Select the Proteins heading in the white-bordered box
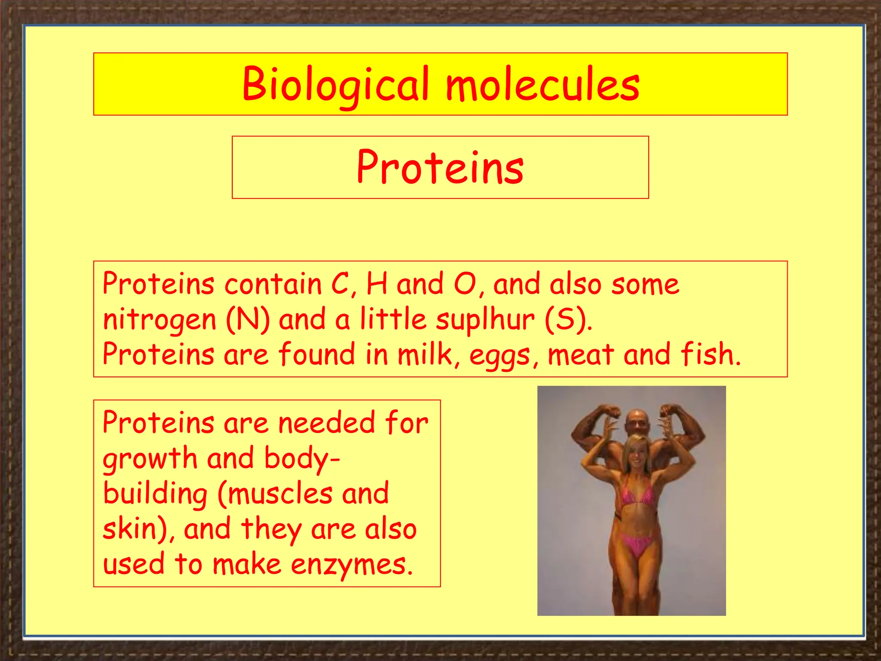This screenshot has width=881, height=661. pos(440,168)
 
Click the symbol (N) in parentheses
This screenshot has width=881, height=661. pos(248,320)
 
